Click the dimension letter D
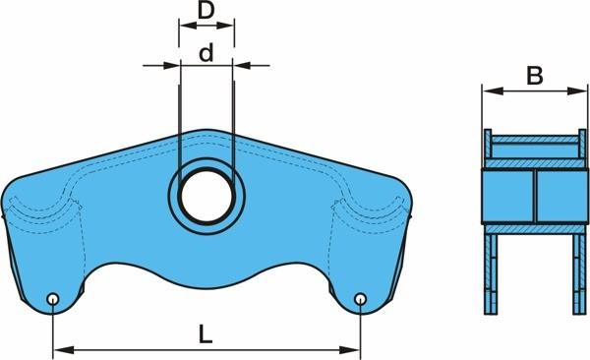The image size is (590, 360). point(206,11)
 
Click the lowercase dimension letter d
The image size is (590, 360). point(206,53)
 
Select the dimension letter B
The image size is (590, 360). point(535,76)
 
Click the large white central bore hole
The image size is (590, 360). point(206,196)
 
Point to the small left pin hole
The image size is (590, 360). point(53,299)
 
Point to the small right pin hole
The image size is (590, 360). point(361,299)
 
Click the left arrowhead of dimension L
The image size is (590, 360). point(64,350)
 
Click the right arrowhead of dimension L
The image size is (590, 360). point(349,350)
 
